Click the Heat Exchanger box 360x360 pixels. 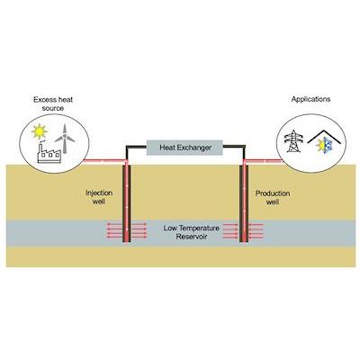click(x=184, y=148)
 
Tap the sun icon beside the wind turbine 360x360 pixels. click(x=40, y=131)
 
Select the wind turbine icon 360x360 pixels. click(x=65, y=139)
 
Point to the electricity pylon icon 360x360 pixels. click(x=293, y=140)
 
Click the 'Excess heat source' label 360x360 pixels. click(x=53, y=103)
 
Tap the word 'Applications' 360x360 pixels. click(x=310, y=99)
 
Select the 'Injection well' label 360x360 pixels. click(x=99, y=197)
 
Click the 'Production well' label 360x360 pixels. click(x=273, y=197)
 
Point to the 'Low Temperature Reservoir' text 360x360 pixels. click(x=192, y=232)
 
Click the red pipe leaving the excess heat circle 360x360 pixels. click(x=104, y=161)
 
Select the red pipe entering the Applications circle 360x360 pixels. click(x=264, y=161)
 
